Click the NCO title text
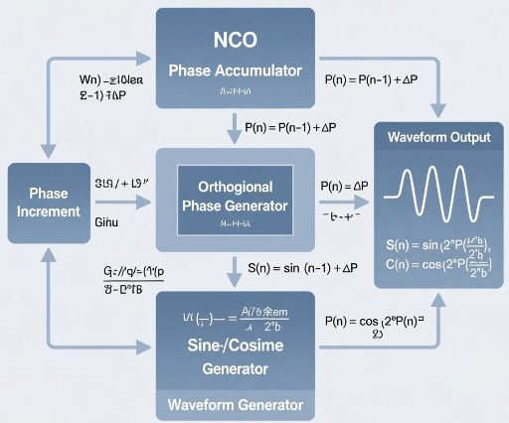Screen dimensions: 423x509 pyautogui.click(x=235, y=41)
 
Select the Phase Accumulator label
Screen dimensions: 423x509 pyautogui.click(x=235, y=70)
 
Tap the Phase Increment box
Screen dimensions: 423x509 pyautogui.click(x=49, y=203)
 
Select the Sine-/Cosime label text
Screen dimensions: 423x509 pyautogui.click(x=236, y=346)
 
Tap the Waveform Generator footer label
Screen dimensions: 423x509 pyautogui.click(x=236, y=405)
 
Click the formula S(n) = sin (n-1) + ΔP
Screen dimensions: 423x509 pyautogui.click(x=301, y=268)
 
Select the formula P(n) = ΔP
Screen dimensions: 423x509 pyautogui.click(x=344, y=186)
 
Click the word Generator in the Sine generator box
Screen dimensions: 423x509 pyautogui.click(x=236, y=368)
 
